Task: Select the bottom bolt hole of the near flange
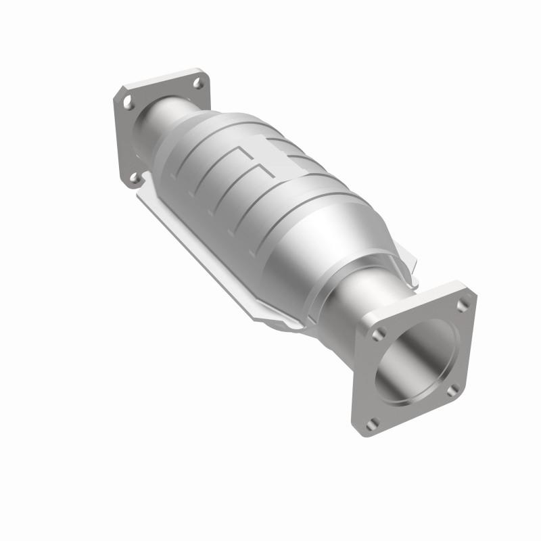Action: [371, 424]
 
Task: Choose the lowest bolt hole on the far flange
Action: [133, 177]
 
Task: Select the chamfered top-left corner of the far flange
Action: [118, 95]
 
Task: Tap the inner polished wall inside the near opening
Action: [399, 365]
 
